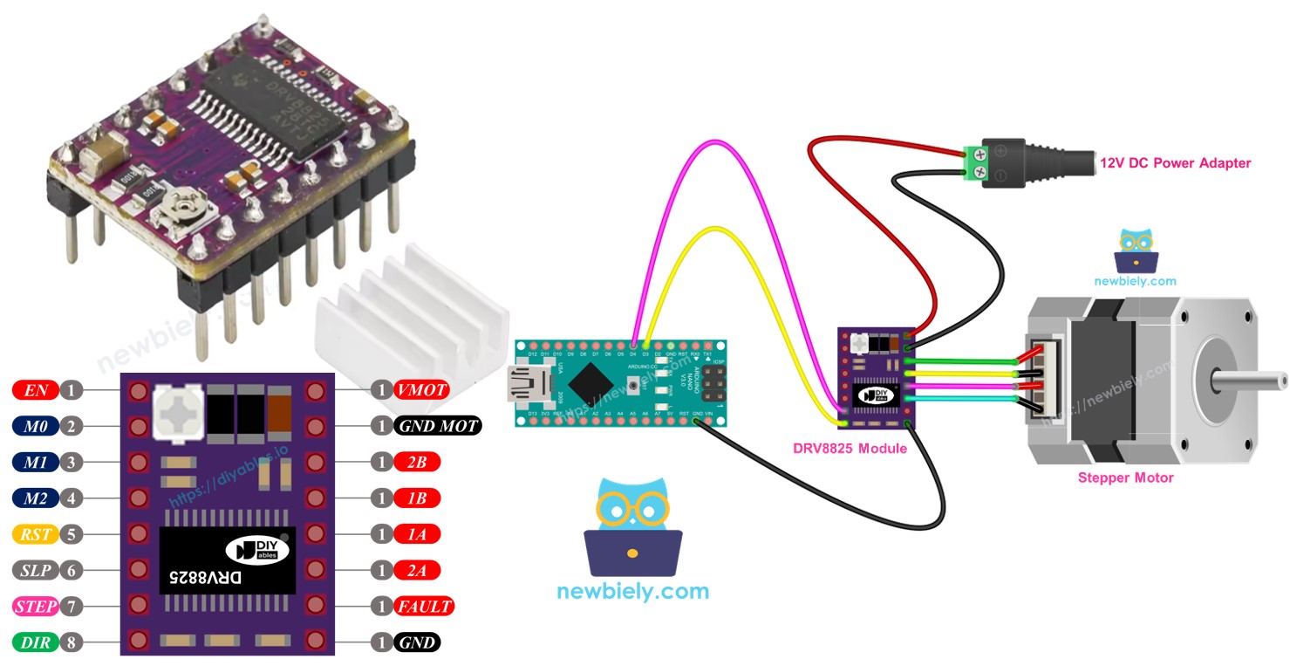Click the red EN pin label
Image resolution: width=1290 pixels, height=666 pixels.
36,390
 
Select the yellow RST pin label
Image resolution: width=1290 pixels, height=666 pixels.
36,533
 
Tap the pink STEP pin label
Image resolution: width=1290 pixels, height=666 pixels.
36,606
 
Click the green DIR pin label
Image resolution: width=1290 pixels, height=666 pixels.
36,642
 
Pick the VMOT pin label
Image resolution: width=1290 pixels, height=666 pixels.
422,390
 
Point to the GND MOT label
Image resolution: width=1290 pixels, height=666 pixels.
437,426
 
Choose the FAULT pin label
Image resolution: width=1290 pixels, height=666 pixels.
424,606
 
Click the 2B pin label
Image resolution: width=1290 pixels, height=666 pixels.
416,462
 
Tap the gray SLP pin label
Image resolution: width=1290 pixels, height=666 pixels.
36,570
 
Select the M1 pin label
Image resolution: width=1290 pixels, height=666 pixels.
36,462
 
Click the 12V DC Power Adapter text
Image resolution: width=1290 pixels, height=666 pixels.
1174,163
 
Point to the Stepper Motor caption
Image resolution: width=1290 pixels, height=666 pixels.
1125,477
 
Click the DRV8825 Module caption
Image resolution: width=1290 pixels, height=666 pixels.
850,449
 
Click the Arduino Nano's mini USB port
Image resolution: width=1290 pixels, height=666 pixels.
526,383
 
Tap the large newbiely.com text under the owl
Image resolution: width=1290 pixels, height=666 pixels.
632,591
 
